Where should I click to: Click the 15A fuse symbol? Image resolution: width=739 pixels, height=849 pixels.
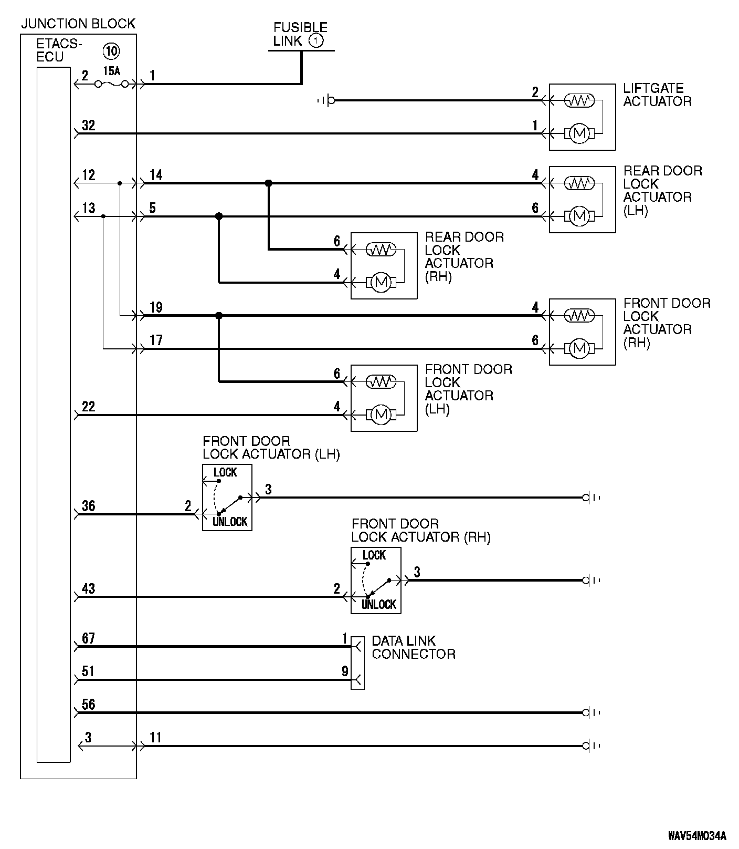click(111, 84)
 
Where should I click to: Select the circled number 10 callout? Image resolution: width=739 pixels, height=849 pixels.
click(111, 51)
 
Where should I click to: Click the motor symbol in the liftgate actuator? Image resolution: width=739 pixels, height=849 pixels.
click(579, 133)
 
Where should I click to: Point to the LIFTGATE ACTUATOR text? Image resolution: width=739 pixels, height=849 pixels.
click(657, 95)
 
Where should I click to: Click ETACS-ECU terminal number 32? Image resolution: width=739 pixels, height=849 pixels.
click(88, 126)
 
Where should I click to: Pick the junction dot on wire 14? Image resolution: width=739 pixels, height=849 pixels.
click(269, 183)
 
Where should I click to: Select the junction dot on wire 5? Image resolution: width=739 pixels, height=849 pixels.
click(219, 216)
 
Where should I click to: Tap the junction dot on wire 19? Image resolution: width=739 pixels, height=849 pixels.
click(219, 316)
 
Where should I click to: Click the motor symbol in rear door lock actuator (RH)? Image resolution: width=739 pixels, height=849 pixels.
click(381, 283)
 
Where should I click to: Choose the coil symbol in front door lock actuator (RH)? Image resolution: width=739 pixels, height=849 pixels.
click(579, 315)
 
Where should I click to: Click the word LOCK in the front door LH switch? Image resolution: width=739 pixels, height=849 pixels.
click(225, 472)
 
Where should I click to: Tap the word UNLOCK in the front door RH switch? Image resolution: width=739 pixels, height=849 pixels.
click(379, 604)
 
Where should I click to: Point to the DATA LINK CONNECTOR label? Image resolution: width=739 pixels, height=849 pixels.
click(414, 647)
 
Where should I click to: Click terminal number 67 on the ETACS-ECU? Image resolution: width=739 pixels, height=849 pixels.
click(88, 638)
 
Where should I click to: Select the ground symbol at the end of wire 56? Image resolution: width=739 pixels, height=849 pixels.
click(592, 713)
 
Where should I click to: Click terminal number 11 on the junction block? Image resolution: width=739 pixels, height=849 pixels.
click(155, 738)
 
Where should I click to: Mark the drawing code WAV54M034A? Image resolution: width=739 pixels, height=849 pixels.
click(697, 836)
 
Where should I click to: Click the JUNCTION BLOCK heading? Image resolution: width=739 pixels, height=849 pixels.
click(78, 24)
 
